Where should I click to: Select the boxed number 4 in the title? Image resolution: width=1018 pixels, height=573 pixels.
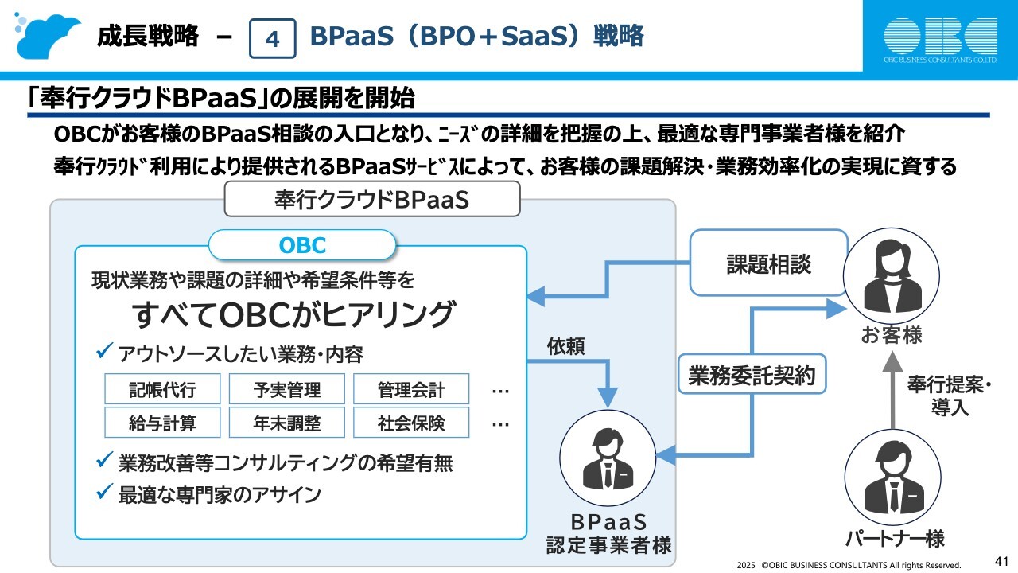click(272, 38)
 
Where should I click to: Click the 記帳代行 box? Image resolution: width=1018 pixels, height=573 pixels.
click(162, 389)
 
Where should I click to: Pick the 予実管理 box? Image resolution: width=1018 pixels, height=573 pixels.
click(287, 389)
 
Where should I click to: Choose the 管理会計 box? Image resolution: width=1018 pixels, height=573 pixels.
click(411, 389)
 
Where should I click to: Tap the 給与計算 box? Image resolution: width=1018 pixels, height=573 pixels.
click(162, 423)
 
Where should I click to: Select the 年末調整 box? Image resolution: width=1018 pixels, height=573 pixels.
click(287, 423)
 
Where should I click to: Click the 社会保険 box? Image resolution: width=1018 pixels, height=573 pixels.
click(411, 423)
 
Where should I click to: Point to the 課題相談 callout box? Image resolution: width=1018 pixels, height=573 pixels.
click(768, 263)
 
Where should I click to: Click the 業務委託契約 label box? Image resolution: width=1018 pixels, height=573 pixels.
click(752, 374)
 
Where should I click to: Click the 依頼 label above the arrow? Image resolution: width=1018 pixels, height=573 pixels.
click(566, 346)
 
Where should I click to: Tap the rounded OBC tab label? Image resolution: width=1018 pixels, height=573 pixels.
click(302, 244)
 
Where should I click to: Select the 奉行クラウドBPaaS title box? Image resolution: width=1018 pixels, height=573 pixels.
click(371, 199)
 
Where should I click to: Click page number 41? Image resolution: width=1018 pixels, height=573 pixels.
click(1001, 560)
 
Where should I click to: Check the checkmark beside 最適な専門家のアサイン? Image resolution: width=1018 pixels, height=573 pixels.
click(103, 493)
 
